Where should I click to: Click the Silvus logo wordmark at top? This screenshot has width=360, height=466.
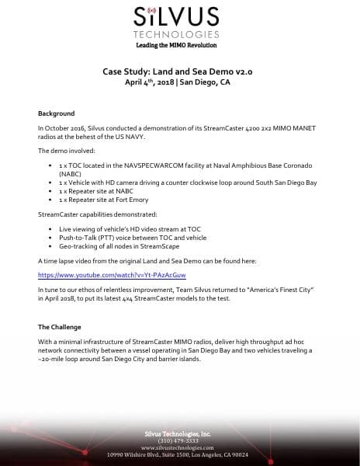(180, 17)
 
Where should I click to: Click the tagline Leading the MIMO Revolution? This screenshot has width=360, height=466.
(180, 45)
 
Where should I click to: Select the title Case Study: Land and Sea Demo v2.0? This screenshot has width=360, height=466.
(180, 71)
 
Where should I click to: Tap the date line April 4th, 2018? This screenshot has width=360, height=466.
(180, 82)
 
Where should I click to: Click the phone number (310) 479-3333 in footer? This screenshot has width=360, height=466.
(180, 441)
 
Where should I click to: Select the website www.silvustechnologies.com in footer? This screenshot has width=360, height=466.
(180, 448)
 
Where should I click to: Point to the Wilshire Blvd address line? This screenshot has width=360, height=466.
(180, 455)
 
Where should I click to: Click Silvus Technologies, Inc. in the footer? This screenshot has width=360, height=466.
(180, 433)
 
